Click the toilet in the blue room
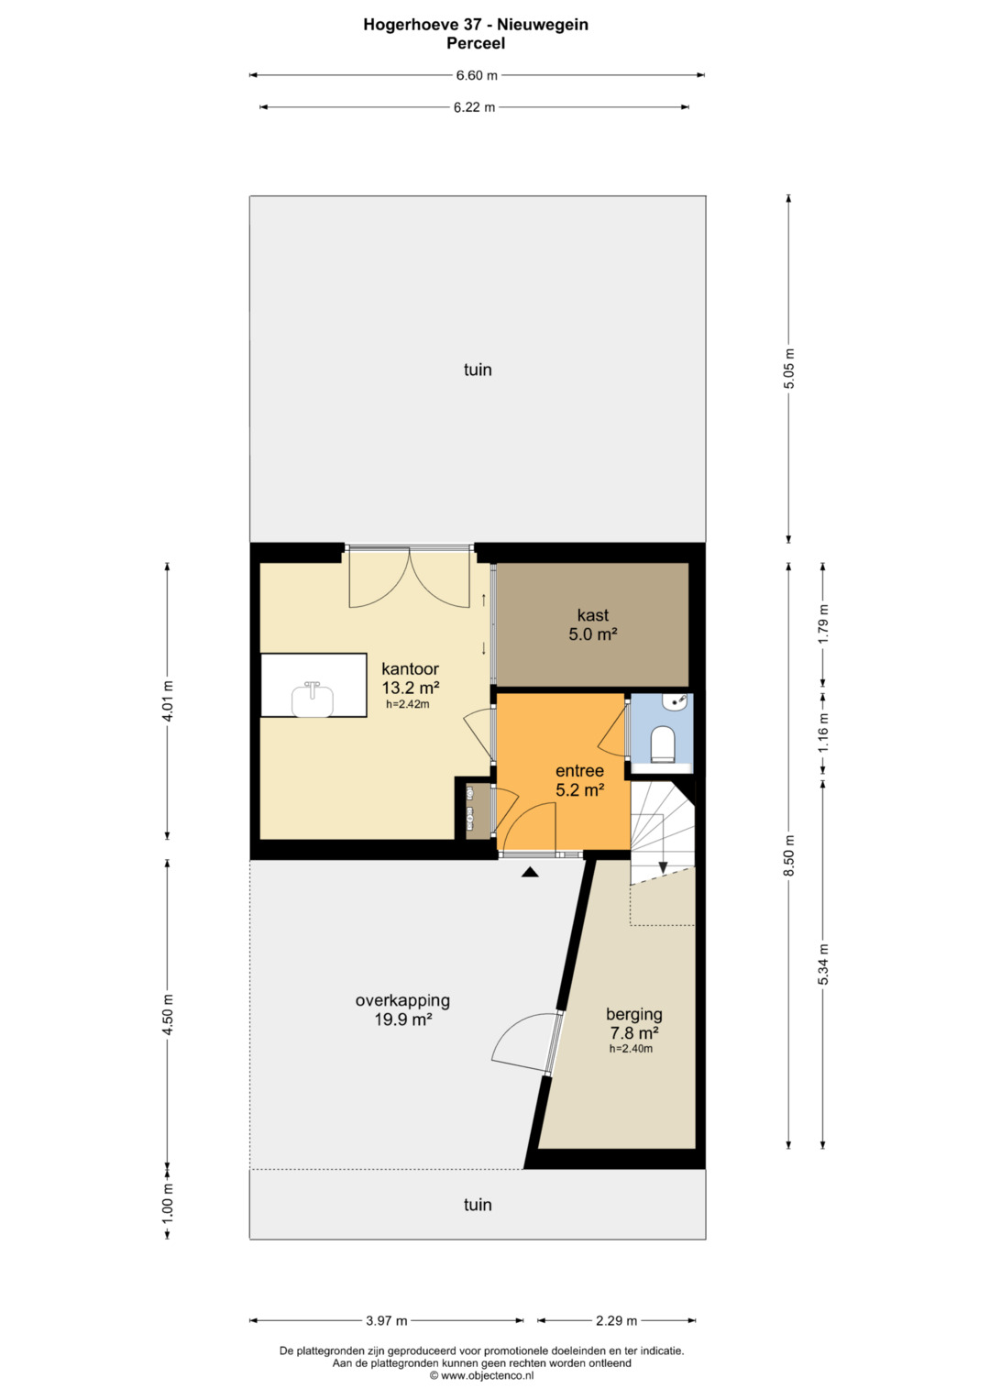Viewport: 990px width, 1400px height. point(662,744)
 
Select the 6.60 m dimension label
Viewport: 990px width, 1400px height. point(477,75)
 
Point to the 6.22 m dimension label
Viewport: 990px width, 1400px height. point(475,107)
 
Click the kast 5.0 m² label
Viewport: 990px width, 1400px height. point(592,624)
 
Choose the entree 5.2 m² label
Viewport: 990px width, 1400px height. point(579,780)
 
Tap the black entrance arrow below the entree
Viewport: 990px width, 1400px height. point(530,872)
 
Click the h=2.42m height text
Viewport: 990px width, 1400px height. point(408,704)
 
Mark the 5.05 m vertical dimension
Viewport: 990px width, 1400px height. point(788,369)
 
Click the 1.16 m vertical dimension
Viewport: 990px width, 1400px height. point(823,733)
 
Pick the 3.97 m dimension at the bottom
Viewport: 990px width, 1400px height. point(386,1320)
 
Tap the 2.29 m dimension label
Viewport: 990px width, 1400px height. point(616,1320)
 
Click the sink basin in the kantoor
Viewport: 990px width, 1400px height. point(313,700)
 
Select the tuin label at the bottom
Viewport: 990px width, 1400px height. point(478,1205)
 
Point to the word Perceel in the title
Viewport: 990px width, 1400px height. point(476,43)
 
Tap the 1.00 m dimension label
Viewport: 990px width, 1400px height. point(168,1205)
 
